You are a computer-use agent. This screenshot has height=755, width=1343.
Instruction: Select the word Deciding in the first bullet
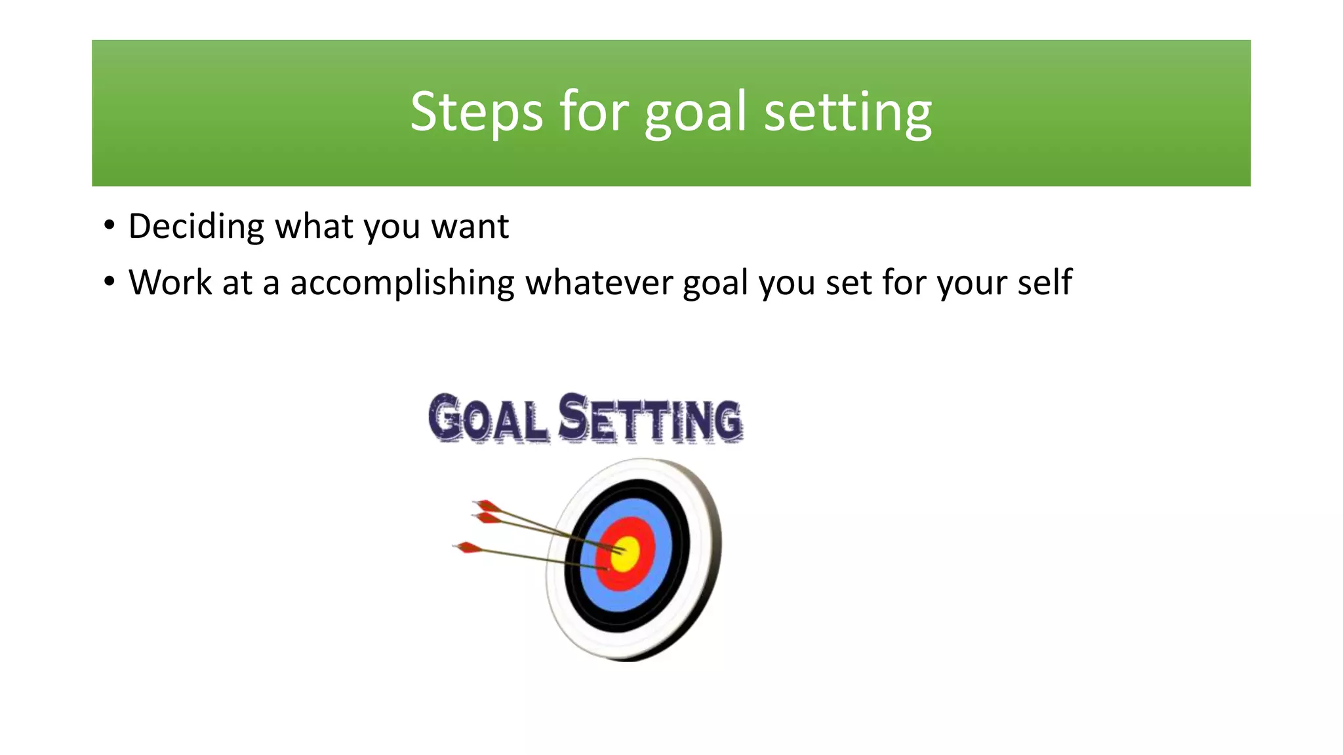click(196, 227)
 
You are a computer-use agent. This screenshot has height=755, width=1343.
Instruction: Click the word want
click(470, 227)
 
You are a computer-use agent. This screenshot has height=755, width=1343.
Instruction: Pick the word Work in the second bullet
click(170, 283)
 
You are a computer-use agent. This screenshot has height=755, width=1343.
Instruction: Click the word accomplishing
click(402, 283)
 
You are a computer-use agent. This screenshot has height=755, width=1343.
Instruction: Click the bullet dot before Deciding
click(110, 226)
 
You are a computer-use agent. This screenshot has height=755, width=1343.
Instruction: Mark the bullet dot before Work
click(110, 282)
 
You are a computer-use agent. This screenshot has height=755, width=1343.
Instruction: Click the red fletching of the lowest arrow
click(468, 547)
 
